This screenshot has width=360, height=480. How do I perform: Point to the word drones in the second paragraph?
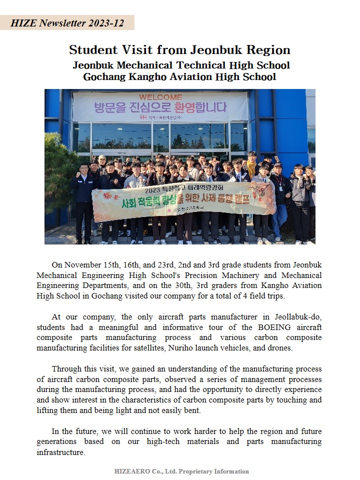tap(279, 347)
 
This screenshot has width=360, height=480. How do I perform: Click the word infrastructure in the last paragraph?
tap(60, 452)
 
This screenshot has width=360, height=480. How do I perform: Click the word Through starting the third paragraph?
tap(66, 369)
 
